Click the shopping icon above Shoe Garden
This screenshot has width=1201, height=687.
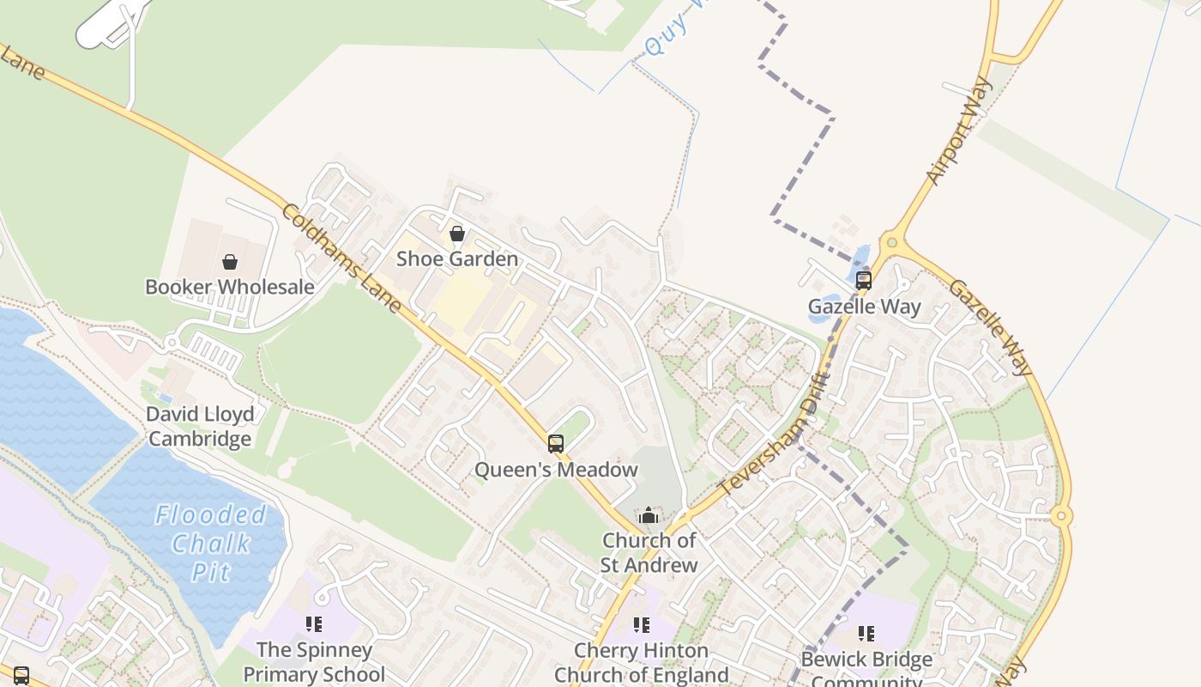coord(457,234)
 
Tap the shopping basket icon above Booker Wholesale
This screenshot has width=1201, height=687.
coord(230,262)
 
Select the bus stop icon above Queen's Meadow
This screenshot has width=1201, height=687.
coord(556,444)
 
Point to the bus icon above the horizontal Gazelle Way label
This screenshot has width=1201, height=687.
coord(864,281)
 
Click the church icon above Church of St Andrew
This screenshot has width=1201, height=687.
coord(649,515)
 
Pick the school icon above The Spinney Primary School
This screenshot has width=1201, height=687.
coord(314,624)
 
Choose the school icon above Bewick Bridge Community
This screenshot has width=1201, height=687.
coord(866,635)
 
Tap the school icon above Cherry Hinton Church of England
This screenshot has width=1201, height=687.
coord(642,626)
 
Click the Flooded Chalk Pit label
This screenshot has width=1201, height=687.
coord(211,543)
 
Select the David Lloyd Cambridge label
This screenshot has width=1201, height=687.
coord(200,427)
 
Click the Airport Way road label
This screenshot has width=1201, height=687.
coord(958,131)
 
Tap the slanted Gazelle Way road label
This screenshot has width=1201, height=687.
coord(990,327)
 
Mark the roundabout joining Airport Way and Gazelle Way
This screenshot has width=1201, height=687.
coord(892,243)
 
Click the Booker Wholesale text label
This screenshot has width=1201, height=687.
coord(230,287)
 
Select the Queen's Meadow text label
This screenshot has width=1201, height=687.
coord(556,470)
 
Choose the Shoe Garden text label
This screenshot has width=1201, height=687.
coord(457,258)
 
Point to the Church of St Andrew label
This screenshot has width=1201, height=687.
coord(649,552)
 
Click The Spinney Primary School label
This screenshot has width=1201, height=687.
coord(314,661)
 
